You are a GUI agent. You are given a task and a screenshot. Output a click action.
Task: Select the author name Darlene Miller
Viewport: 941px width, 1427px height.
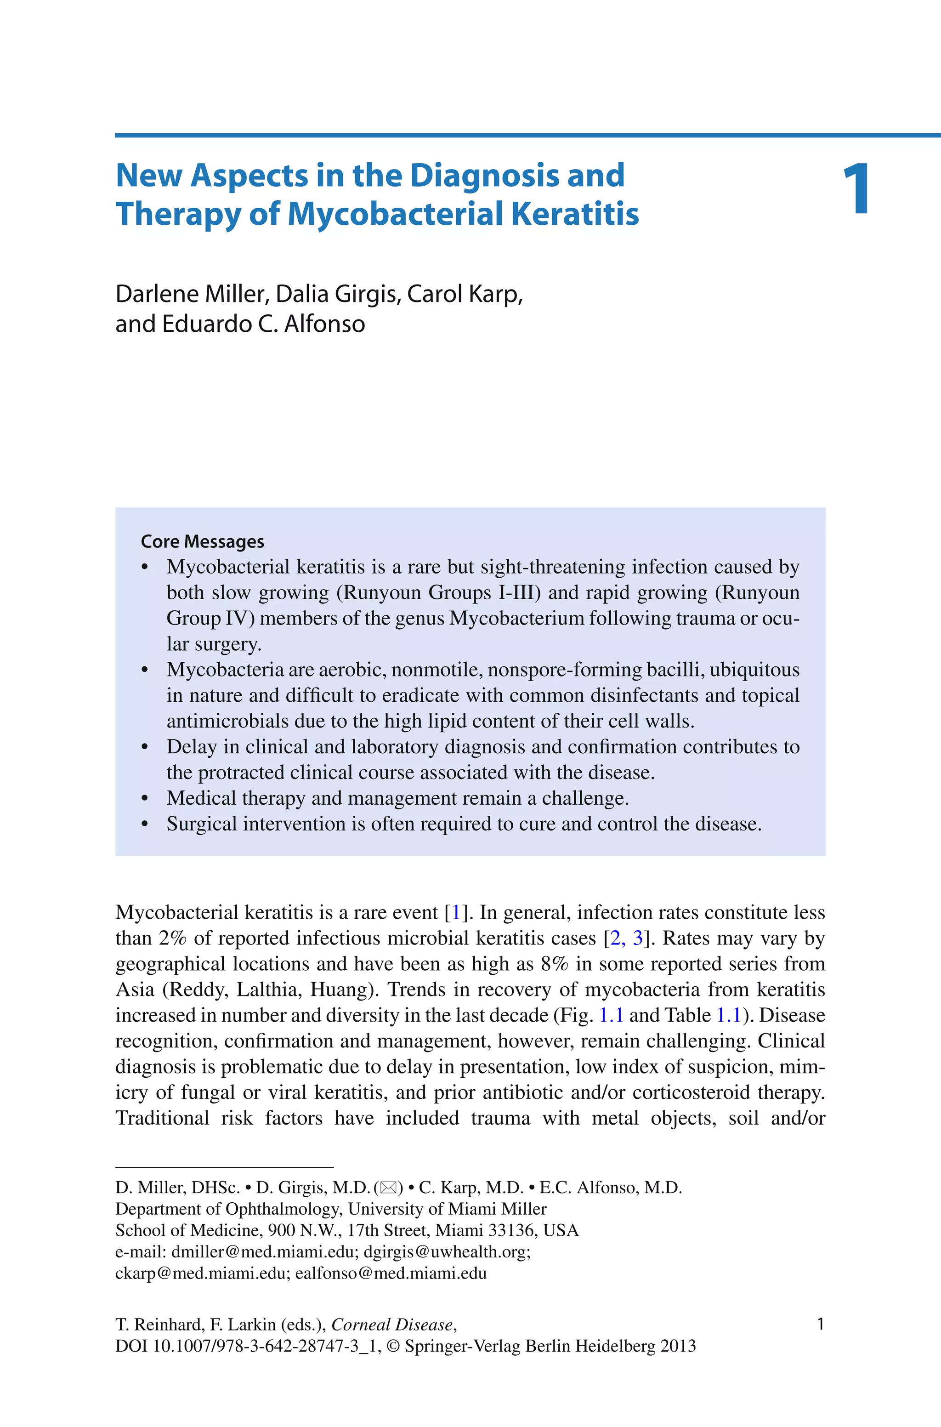(x=190, y=294)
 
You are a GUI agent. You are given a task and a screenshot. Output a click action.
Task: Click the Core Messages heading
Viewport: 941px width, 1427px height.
(x=202, y=541)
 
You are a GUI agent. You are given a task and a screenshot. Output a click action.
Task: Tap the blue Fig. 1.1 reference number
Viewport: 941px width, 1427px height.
(x=612, y=1015)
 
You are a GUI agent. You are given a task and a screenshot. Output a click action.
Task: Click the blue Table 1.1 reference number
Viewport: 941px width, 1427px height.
(x=729, y=1015)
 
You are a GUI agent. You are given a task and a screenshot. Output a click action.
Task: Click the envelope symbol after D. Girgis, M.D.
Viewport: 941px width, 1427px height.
(x=388, y=1188)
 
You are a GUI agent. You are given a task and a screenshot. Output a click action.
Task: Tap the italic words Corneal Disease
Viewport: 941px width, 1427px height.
(x=392, y=1325)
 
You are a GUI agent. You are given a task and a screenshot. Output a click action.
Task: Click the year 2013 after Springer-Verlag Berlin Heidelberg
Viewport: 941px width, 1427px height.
(x=678, y=1346)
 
